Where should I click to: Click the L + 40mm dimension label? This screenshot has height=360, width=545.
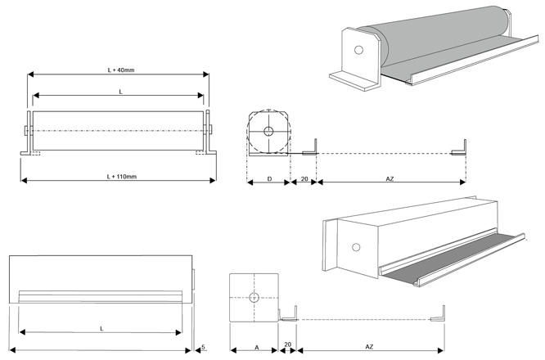pos(120,70)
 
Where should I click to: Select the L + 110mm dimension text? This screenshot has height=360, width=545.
pos(121,176)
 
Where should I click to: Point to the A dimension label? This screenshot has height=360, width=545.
pos(256,348)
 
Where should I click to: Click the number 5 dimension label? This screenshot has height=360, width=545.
pos(203,348)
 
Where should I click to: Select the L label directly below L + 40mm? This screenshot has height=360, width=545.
pos(120,92)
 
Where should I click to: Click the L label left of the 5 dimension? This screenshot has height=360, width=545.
pos(101,328)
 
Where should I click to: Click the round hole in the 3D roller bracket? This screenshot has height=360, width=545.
pos(358,50)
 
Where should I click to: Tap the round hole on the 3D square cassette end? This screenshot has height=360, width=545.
pos(356,247)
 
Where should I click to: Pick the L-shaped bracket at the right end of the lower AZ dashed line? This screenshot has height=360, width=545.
pos(441,314)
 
